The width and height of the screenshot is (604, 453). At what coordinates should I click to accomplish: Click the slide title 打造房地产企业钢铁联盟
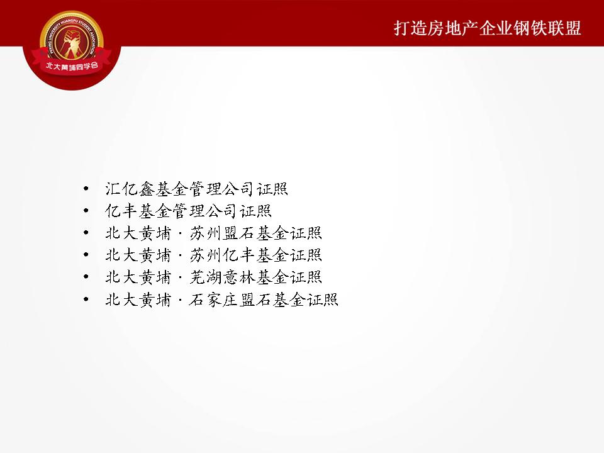[x=487, y=28]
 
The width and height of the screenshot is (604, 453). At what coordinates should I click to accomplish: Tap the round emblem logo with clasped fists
[x=72, y=43]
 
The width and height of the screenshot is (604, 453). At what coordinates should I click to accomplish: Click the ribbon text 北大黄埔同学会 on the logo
[x=72, y=66]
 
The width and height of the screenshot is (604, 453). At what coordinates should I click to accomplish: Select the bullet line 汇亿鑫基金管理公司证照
[x=196, y=189]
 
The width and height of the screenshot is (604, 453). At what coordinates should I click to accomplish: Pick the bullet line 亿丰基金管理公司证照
[x=188, y=211]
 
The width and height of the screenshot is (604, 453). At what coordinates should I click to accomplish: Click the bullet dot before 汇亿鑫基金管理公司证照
[x=86, y=189]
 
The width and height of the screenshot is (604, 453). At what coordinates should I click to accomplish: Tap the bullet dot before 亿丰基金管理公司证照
[x=86, y=211]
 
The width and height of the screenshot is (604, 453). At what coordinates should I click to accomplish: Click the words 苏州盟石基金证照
[x=255, y=233]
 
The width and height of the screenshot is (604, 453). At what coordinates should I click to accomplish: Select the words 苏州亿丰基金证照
[x=255, y=255]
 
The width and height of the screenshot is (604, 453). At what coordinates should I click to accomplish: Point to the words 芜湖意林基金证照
[x=255, y=277]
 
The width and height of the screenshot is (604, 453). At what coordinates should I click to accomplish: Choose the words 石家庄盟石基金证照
[x=264, y=299]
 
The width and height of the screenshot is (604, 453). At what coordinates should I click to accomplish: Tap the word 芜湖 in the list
[x=206, y=277]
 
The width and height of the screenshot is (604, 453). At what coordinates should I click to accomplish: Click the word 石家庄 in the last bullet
[x=213, y=299]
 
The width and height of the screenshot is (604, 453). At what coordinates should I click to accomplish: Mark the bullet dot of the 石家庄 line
[x=86, y=299]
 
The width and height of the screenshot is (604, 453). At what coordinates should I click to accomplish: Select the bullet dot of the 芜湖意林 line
[x=86, y=277]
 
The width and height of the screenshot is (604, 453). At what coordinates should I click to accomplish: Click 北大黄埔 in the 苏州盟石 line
[x=138, y=233]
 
